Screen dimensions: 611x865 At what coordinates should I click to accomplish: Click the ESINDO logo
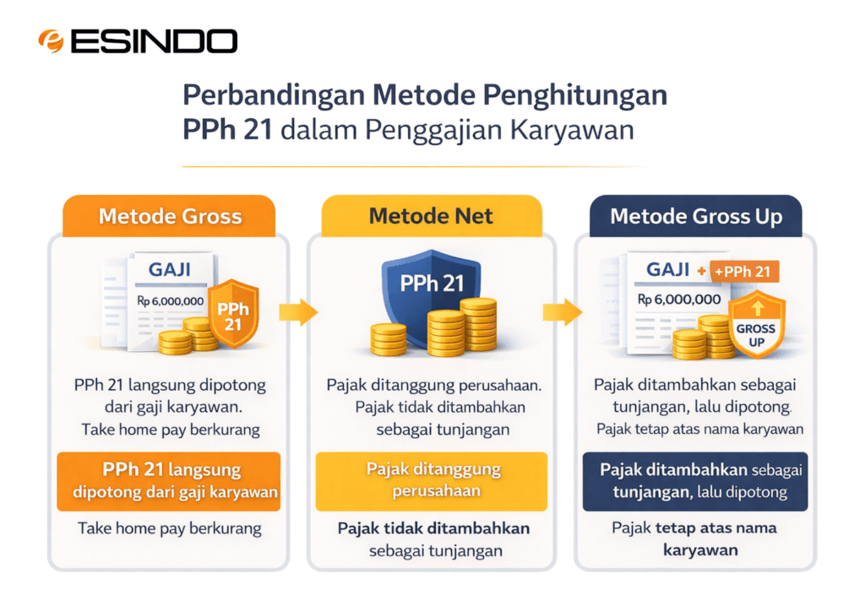click(138, 41)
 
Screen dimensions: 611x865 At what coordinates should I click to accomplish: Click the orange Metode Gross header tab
click(170, 216)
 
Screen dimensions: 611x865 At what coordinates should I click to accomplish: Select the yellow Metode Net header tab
click(431, 216)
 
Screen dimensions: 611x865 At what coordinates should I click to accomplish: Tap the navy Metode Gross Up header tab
click(696, 216)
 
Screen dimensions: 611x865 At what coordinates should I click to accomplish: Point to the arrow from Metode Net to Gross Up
click(563, 312)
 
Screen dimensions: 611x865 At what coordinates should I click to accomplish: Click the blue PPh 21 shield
click(431, 284)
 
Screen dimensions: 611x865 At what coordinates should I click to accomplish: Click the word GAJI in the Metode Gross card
click(169, 270)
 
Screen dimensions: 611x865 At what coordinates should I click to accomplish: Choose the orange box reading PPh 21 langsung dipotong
click(168, 481)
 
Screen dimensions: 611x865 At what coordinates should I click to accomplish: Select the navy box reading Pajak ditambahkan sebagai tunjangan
click(694, 481)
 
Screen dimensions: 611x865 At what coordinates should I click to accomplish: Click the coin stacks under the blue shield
click(435, 331)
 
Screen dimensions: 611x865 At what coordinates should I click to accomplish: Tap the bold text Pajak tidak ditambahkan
click(434, 528)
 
